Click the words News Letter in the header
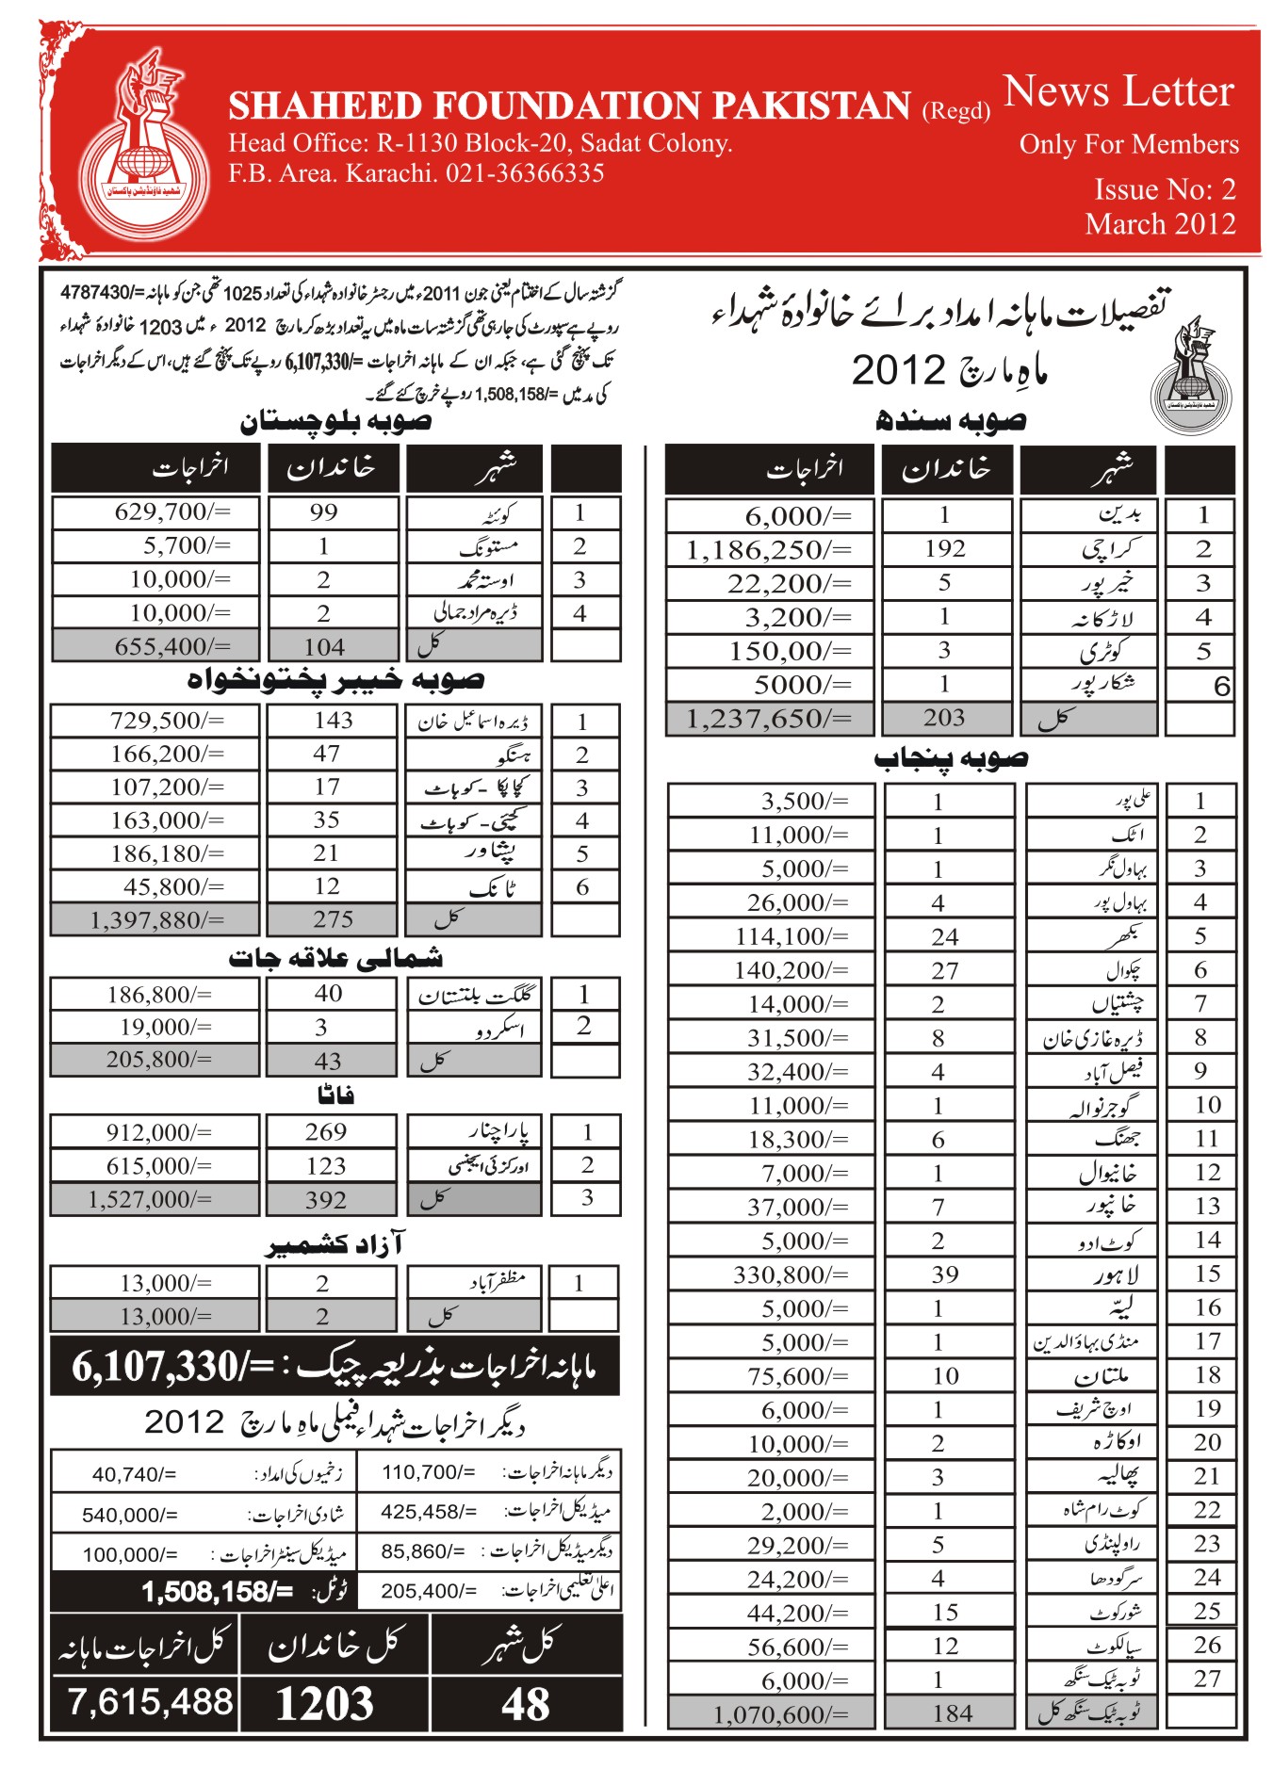[x=1118, y=92]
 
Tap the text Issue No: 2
[x=1165, y=189]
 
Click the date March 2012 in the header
[x=1160, y=224]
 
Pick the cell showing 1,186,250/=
[x=769, y=550]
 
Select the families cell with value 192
[x=944, y=549]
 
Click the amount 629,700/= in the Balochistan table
[x=172, y=512]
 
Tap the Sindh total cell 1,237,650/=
[x=769, y=719]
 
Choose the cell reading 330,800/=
[x=791, y=1275]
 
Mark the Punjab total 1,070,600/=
[x=781, y=1713]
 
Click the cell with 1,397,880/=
[x=156, y=919]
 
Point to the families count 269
[x=326, y=1132]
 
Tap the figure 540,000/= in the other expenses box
[x=130, y=1515]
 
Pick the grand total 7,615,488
[x=150, y=1702]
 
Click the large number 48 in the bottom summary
[x=526, y=1705]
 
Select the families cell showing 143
[x=334, y=721]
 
